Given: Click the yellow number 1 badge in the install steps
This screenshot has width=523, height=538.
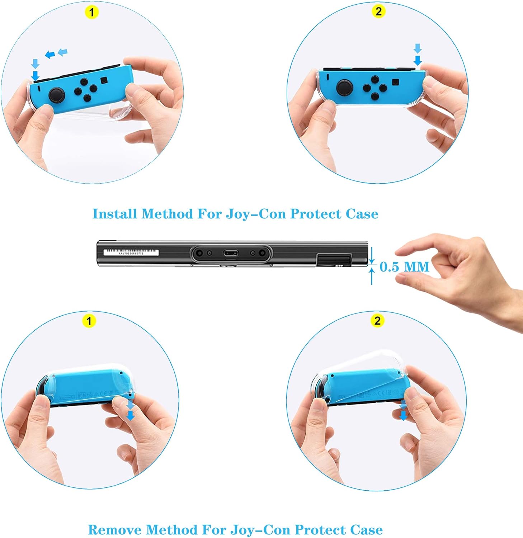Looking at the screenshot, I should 92,12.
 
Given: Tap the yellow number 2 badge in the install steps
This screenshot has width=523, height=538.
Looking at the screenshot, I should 378,11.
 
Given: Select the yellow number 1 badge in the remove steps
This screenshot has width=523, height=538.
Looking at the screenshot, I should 89,320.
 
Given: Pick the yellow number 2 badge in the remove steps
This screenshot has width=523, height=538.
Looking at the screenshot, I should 377,320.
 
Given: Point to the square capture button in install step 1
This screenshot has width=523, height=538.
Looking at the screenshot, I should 104,80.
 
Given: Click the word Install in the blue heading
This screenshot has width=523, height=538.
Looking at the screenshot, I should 115,214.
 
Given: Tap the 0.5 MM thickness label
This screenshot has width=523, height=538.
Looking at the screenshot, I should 404,266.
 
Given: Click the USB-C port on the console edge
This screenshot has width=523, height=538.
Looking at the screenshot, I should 231,254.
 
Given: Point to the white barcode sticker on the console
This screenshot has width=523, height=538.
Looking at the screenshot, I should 131,252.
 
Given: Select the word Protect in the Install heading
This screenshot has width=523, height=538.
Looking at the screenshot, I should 315,214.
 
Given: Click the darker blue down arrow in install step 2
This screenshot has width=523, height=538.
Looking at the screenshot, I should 418,60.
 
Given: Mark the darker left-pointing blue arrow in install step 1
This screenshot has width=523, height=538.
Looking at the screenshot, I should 50,55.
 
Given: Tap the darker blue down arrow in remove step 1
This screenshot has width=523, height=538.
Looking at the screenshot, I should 131,415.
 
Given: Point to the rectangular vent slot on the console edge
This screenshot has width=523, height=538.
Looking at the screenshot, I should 334,259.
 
